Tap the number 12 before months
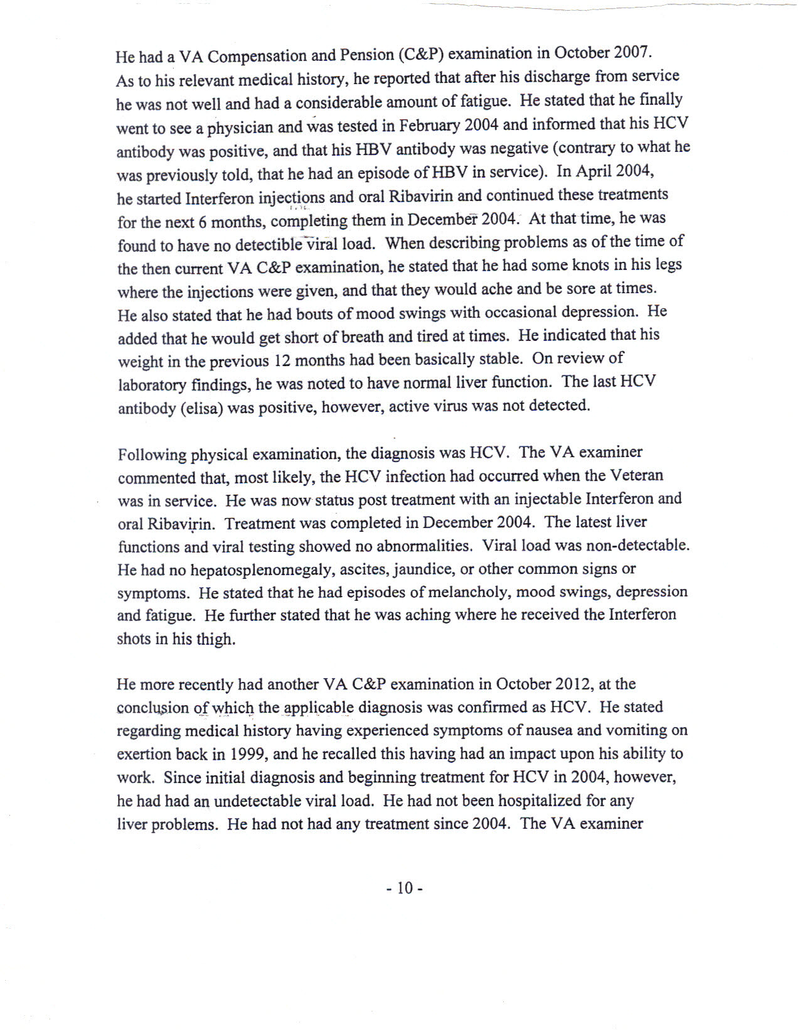click(x=282, y=361)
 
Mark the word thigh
click(x=216, y=640)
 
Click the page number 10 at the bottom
click(x=405, y=888)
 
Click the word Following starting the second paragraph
click(x=152, y=455)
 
